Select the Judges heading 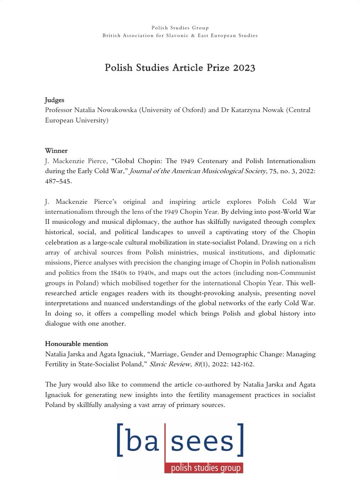[54, 100]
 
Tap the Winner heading [55, 150]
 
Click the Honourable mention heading [76, 344]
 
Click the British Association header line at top [180, 36]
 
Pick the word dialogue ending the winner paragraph [59, 323]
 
